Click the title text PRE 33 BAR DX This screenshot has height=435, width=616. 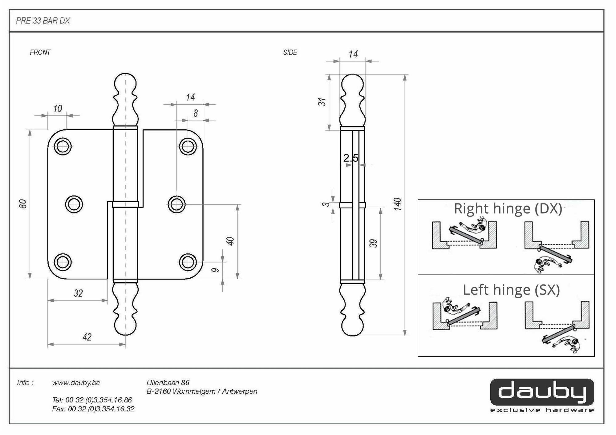click(x=43, y=21)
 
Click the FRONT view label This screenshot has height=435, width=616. click(x=40, y=52)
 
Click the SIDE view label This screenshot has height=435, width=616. click(x=290, y=52)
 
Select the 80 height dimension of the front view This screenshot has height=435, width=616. click(x=23, y=204)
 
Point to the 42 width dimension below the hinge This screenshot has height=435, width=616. click(x=87, y=337)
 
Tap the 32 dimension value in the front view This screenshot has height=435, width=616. click(x=78, y=293)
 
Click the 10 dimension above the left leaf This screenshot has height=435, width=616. click(x=58, y=109)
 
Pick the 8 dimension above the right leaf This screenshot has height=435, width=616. click(x=196, y=113)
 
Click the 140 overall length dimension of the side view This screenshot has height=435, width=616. click(x=398, y=204)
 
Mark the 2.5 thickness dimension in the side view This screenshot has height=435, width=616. click(x=351, y=158)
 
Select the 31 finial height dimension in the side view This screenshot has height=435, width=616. click(x=322, y=102)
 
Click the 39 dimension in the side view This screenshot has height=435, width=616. click(x=373, y=243)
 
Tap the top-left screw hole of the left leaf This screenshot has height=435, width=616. click(x=63, y=146)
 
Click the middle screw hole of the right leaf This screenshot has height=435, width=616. click(x=176, y=204)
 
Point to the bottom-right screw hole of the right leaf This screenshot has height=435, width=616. click(x=188, y=262)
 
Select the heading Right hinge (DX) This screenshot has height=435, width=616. click(x=508, y=209)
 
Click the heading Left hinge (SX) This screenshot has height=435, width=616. click(x=511, y=290)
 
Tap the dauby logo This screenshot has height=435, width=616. click(x=542, y=392)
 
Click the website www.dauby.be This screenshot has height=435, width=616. click(x=76, y=383)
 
